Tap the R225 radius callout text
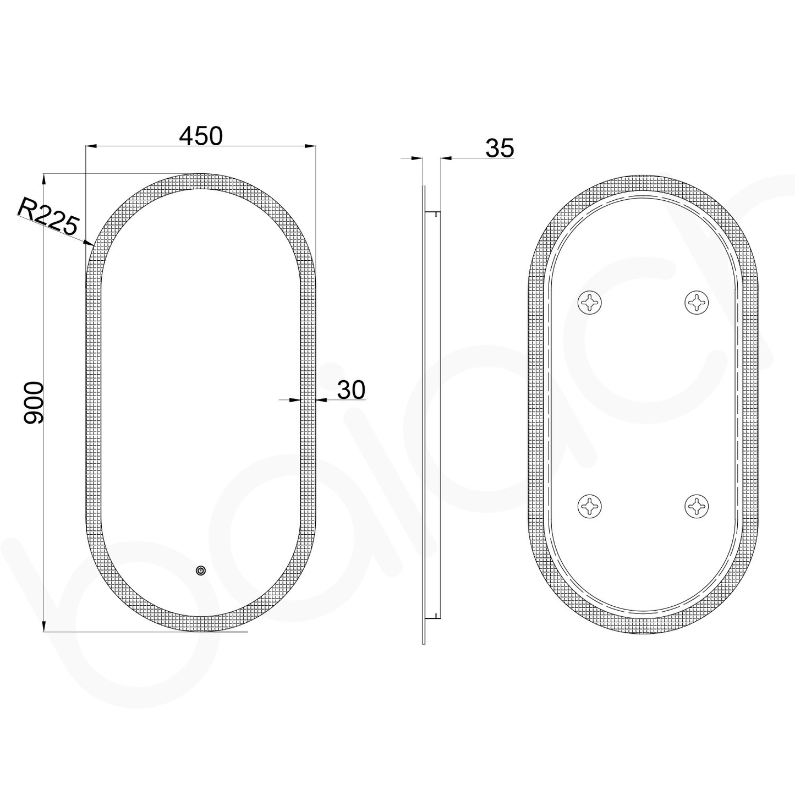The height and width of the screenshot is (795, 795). click(x=48, y=217)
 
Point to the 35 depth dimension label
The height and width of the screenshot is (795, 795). click(x=500, y=148)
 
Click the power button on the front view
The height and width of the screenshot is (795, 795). click(x=201, y=571)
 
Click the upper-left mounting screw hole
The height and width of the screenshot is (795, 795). click(x=589, y=303)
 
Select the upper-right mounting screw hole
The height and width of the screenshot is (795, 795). click(x=696, y=303)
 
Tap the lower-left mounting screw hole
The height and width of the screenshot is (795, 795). click(x=589, y=506)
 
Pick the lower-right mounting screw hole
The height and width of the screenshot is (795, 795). click(x=696, y=506)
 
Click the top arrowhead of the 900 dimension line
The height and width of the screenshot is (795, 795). click(x=43, y=179)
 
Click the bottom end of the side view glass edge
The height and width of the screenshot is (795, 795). click(x=424, y=642)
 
